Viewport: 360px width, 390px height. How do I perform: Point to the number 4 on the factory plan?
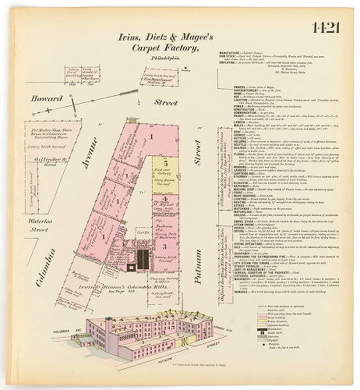pyautogui.click(x=166, y=199)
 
